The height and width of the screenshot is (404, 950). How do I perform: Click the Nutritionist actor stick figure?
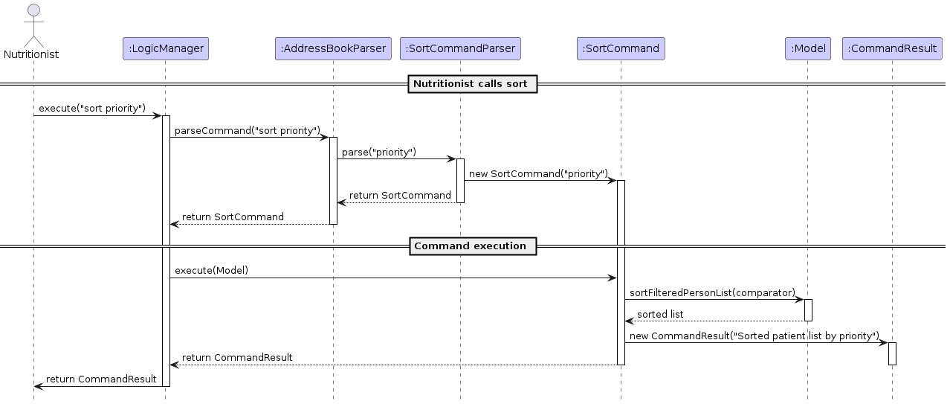click(33, 26)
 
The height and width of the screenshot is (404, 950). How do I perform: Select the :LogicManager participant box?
click(166, 48)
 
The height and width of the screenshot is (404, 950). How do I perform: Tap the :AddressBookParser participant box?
click(332, 48)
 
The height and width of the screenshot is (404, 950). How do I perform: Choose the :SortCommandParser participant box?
click(460, 48)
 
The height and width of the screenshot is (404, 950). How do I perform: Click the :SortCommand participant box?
click(621, 48)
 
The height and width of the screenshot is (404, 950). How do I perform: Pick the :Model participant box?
click(807, 48)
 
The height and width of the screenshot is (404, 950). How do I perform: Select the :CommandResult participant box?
click(892, 48)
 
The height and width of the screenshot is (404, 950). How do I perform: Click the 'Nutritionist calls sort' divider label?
click(472, 84)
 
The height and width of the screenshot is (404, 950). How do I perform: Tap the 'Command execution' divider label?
click(472, 246)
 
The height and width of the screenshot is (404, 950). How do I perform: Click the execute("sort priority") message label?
click(92, 109)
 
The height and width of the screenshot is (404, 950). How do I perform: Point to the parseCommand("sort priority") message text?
click(247, 130)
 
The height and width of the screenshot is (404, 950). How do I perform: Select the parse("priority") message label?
click(379, 152)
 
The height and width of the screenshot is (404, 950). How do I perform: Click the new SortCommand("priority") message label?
click(538, 173)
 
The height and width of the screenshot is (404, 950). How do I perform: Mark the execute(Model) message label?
click(212, 271)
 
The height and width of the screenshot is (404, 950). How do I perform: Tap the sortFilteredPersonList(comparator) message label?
click(712, 292)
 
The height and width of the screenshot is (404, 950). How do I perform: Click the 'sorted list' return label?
click(660, 314)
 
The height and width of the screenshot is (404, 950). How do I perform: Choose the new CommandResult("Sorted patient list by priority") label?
click(754, 336)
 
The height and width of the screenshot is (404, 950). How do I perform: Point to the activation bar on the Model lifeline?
click(807, 310)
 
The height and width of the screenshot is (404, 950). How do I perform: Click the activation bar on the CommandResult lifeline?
click(892, 353)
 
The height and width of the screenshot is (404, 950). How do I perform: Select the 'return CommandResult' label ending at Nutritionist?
click(101, 379)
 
